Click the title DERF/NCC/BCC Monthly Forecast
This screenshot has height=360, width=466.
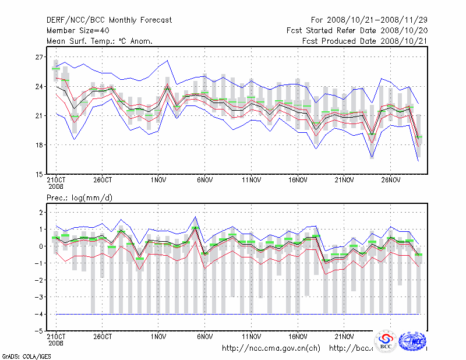coord(109,20)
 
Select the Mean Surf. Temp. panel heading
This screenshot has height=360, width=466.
coord(100,41)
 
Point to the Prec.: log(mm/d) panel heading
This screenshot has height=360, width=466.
coord(80,198)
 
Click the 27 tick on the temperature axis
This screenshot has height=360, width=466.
coord(39,57)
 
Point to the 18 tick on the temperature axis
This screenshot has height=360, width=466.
coord(39,145)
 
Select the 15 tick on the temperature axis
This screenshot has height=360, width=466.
coord(39,174)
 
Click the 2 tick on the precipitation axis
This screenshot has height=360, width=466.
coord(41,213)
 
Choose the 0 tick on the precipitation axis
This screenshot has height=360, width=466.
coord(41,246)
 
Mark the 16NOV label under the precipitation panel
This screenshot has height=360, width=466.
coord(298,336)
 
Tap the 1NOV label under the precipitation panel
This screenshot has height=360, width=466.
coord(158,336)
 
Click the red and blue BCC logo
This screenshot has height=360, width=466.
coord(386,341)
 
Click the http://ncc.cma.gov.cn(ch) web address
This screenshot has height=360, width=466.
coord(271,348)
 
